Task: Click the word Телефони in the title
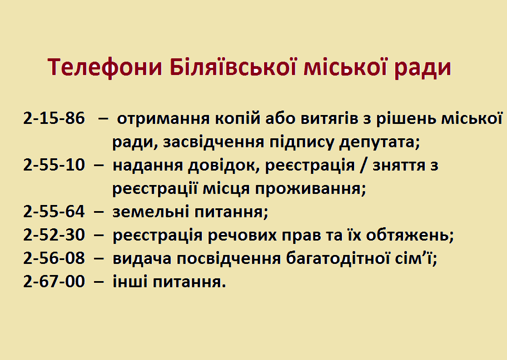point(105,67)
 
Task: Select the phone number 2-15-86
point(54,118)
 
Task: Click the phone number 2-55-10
point(54,165)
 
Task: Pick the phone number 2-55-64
point(54,212)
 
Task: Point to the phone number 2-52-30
point(54,235)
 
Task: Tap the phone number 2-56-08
point(54,258)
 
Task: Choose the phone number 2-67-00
point(54,282)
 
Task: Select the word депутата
point(379,143)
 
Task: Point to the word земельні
point(151,212)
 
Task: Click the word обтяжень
point(410,235)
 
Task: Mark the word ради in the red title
point(422,68)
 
